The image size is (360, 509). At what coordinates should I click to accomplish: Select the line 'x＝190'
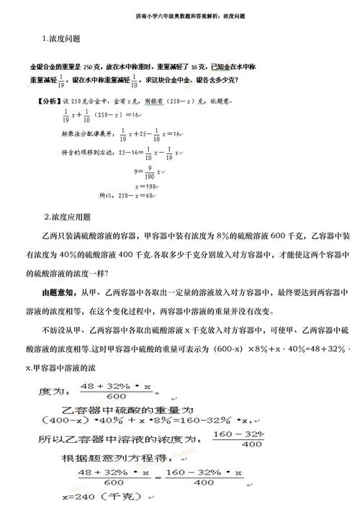click(x=145, y=185)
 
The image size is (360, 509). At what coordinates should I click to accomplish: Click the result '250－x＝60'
click(x=137, y=195)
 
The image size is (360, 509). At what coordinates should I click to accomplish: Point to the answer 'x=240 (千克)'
click(x=110, y=497)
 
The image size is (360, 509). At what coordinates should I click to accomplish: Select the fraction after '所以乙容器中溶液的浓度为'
click(x=240, y=438)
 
